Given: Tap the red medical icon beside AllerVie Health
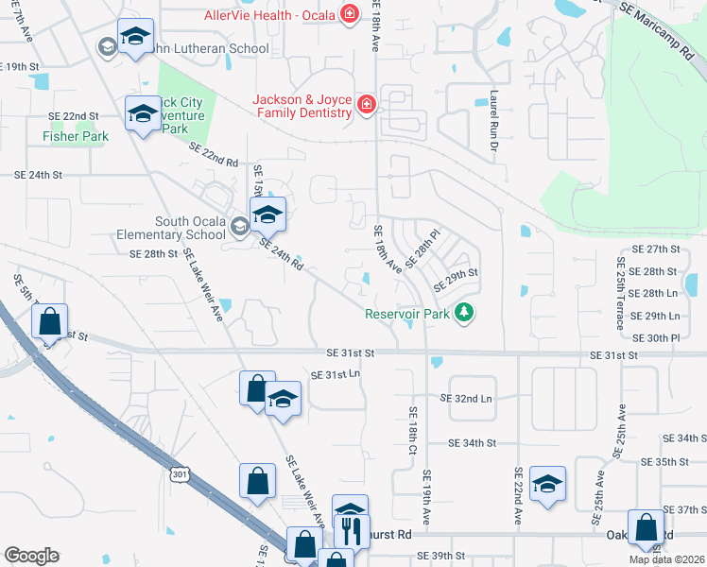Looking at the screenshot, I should coord(351,14).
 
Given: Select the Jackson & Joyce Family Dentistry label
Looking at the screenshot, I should coord(302,105).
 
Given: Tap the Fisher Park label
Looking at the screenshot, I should coord(76,136).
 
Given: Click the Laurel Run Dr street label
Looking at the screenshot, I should coord(493,112).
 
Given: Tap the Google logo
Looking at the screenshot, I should coord(31,556).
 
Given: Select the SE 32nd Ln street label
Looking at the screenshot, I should coord(474,399).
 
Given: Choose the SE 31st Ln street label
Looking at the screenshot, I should coord(336,374).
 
